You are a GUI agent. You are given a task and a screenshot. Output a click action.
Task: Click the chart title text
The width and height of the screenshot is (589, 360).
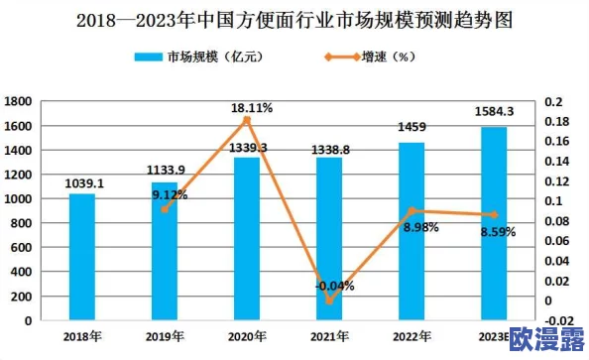click(x=294, y=19)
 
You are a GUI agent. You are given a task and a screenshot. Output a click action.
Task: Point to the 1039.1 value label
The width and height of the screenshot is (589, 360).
click(x=83, y=183)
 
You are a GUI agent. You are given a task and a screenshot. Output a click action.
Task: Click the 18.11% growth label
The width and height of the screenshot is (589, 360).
click(x=250, y=107)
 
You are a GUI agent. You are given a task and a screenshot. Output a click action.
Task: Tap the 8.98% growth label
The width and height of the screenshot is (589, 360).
click(x=419, y=227)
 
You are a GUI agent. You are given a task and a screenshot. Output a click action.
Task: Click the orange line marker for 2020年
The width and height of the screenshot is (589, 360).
click(x=247, y=120)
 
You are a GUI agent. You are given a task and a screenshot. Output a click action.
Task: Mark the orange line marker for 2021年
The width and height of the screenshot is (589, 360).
click(x=329, y=300)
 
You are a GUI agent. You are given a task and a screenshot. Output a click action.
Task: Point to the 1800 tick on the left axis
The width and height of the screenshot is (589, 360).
click(x=18, y=101)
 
